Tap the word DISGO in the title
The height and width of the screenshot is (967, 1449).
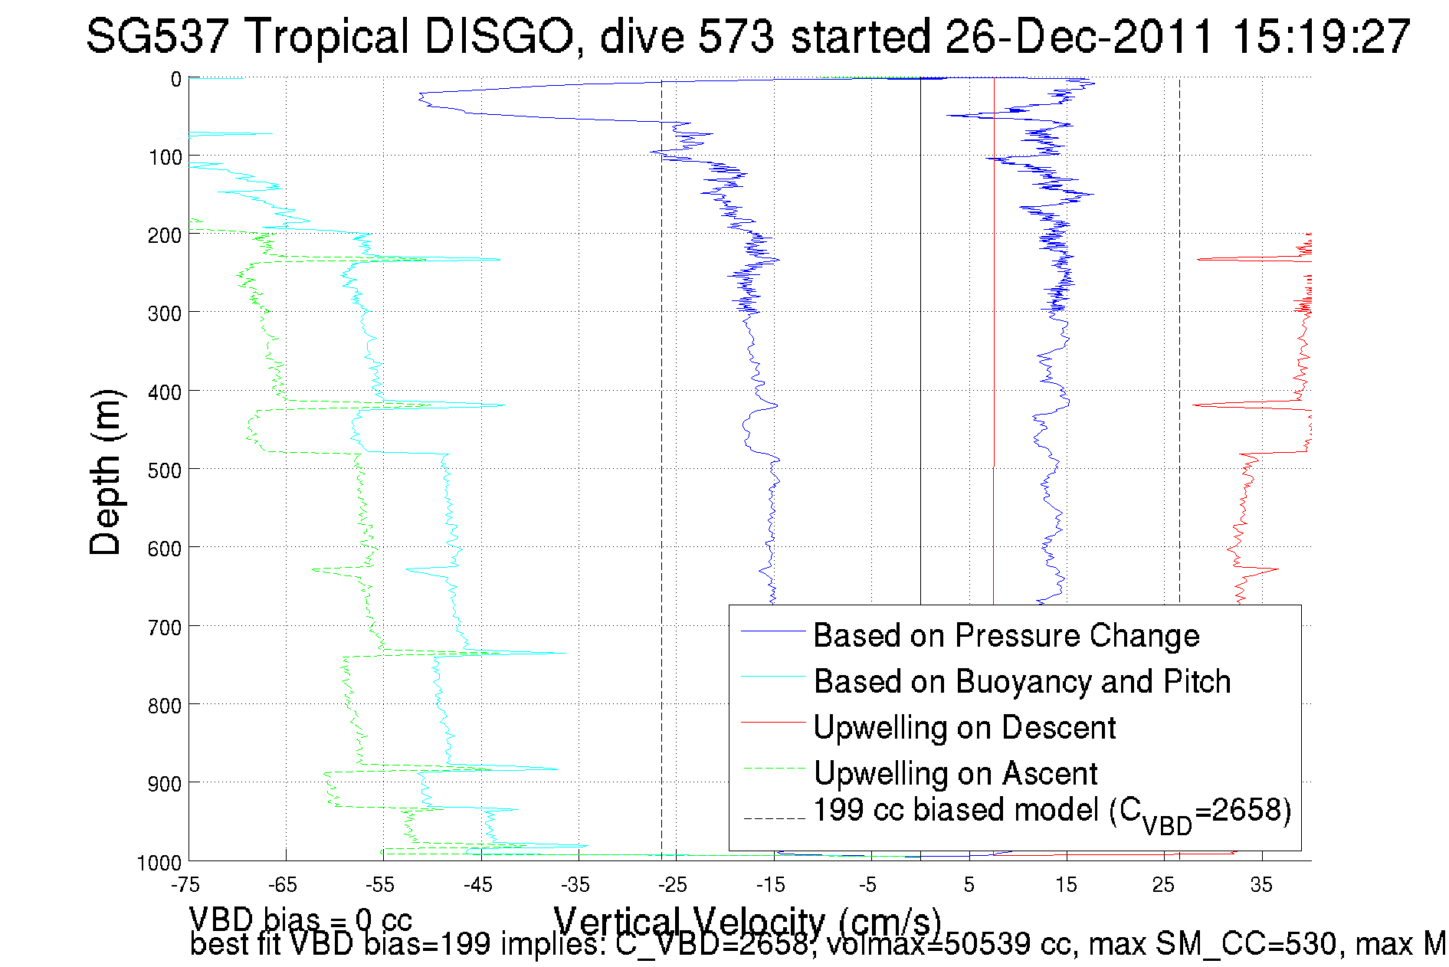pyautogui.click(x=498, y=36)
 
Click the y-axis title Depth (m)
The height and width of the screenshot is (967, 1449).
pyautogui.click(x=106, y=472)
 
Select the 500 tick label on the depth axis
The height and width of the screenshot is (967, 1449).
pyautogui.click(x=164, y=470)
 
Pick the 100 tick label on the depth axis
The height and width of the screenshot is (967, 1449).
pyautogui.click(x=164, y=157)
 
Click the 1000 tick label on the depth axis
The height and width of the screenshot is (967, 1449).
pyautogui.click(x=159, y=863)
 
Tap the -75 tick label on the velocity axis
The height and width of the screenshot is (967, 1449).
pyautogui.click(x=186, y=885)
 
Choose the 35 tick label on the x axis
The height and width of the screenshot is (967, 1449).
pyautogui.click(x=1261, y=885)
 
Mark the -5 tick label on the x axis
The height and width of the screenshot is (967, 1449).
pyautogui.click(x=868, y=885)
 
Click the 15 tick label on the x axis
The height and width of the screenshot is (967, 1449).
pyautogui.click(x=1066, y=885)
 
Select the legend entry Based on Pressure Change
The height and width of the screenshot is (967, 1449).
pyautogui.click(x=1005, y=635)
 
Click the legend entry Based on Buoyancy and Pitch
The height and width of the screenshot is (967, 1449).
pyautogui.click(x=1021, y=681)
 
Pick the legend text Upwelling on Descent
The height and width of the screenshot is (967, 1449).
pyautogui.click(x=964, y=727)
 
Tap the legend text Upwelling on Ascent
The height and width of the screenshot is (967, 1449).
pyautogui.click(x=955, y=773)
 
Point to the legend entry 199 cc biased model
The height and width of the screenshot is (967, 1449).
pyautogui.click(x=1052, y=811)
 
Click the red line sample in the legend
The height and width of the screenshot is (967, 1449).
pyautogui.click(x=773, y=722)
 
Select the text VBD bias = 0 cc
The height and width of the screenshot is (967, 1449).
pyautogui.click(x=300, y=919)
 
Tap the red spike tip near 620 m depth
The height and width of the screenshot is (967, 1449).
pyautogui.click(x=1277, y=569)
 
